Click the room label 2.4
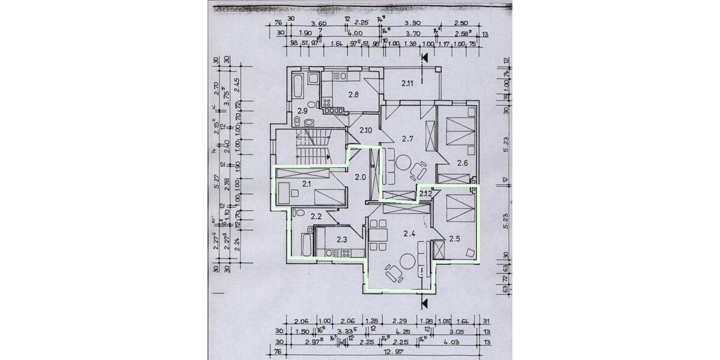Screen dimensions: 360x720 [410, 233]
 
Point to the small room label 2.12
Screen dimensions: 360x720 [425, 193]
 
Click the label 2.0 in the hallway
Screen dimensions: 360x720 [360, 177]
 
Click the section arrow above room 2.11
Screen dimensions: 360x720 [425, 58]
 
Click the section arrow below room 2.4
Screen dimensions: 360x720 [425, 302]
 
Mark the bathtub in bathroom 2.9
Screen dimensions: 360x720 [298, 89]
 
